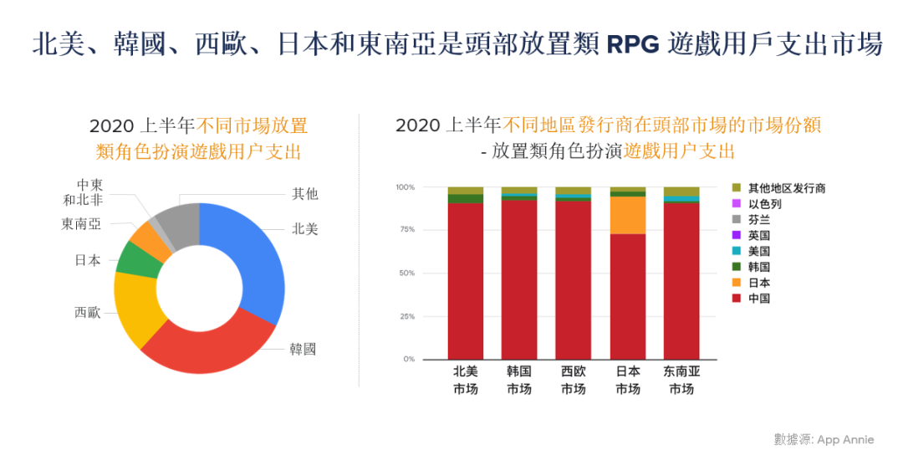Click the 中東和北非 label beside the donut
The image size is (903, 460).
[x=84, y=192]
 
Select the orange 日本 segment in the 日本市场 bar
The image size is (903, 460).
[x=628, y=215]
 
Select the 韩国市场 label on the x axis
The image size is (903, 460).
[x=519, y=381]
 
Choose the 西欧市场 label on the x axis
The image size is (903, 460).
[x=574, y=381]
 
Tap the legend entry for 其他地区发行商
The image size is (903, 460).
[x=786, y=188]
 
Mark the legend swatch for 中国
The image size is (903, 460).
[x=737, y=299]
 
